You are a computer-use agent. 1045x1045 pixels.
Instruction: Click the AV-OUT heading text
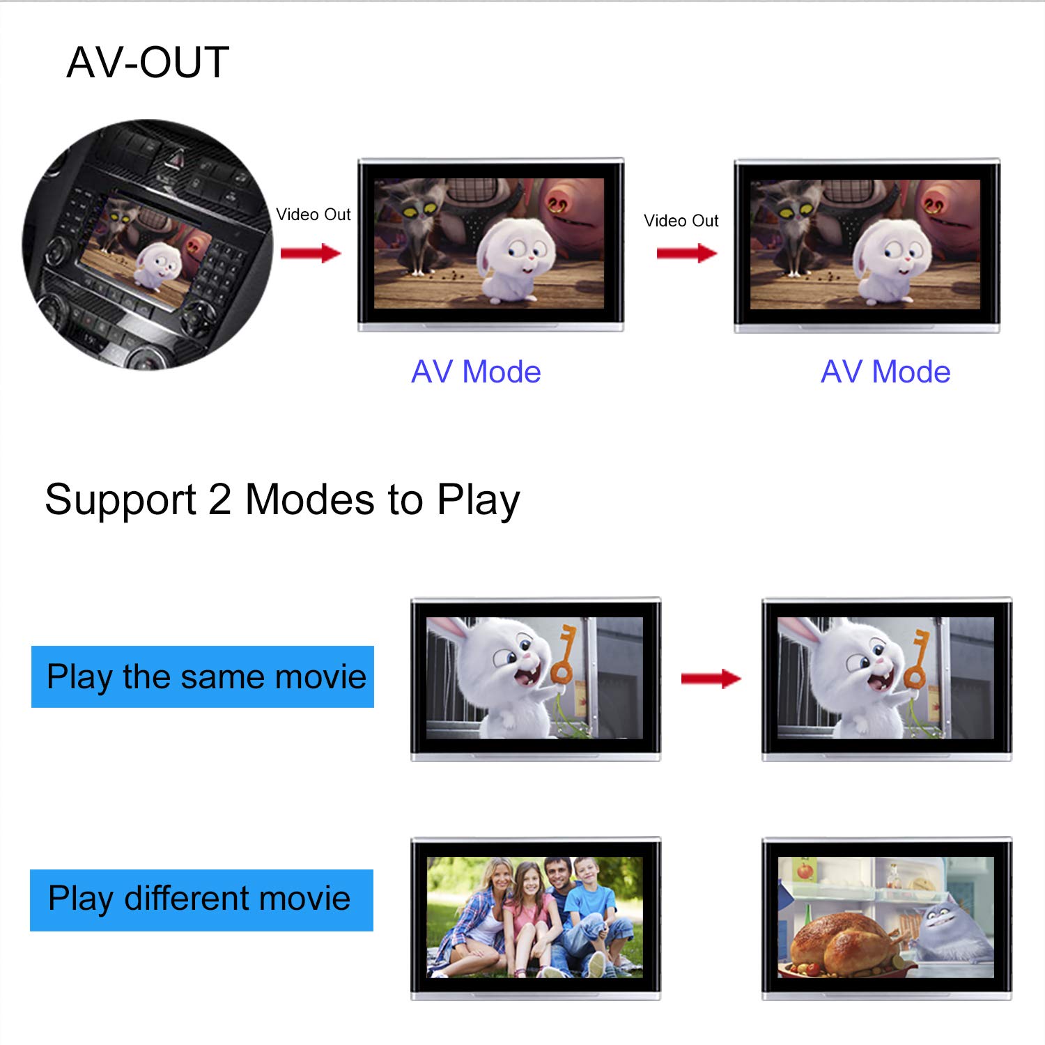click(148, 63)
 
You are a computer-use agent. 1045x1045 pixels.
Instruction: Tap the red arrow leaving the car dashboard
click(311, 253)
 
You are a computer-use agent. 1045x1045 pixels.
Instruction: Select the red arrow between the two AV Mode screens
click(687, 253)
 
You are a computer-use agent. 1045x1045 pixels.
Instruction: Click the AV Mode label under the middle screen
click(476, 372)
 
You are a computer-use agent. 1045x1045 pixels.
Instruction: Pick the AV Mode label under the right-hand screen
click(885, 372)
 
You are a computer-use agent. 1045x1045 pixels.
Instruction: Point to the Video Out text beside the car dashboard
click(313, 215)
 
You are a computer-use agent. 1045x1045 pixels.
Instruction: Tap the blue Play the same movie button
click(203, 676)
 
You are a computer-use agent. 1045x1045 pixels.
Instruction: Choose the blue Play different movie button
click(201, 899)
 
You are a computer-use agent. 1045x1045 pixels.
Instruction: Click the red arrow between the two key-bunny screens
click(711, 678)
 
